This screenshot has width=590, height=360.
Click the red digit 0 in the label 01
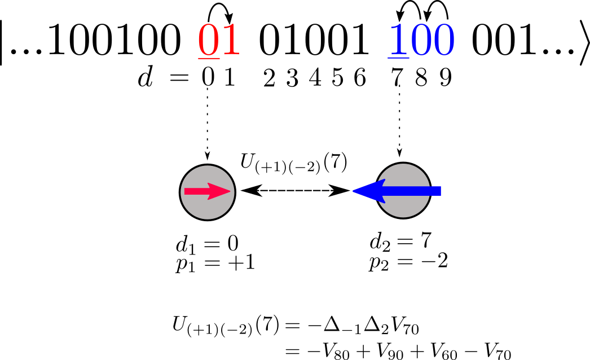tap(208, 41)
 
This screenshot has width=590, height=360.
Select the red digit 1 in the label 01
tap(230, 41)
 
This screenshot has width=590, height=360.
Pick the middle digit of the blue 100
tap(421, 41)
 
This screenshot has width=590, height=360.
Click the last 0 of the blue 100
tap(443, 41)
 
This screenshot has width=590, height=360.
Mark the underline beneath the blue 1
tap(398, 58)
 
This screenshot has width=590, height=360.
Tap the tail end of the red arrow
tap(187, 191)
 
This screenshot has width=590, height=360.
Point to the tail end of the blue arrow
tap(438, 191)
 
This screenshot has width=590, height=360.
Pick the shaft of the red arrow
tap(197, 191)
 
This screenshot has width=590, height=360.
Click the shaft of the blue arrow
tap(412, 191)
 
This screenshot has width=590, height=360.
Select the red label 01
tap(219, 41)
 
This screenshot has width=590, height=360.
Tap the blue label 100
tap(421, 41)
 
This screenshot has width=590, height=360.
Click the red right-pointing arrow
tap(207, 191)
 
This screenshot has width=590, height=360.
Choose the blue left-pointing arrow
tap(397, 191)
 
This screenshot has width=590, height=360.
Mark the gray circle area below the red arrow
tap(208, 208)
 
